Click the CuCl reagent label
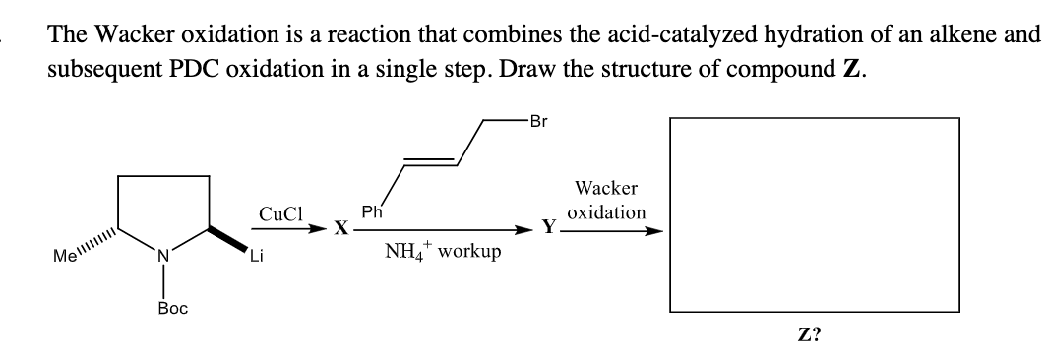point(280,212)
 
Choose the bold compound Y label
point(550,228)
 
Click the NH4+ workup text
point(443,252)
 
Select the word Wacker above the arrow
point(606,188)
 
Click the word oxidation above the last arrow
point(607,211)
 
